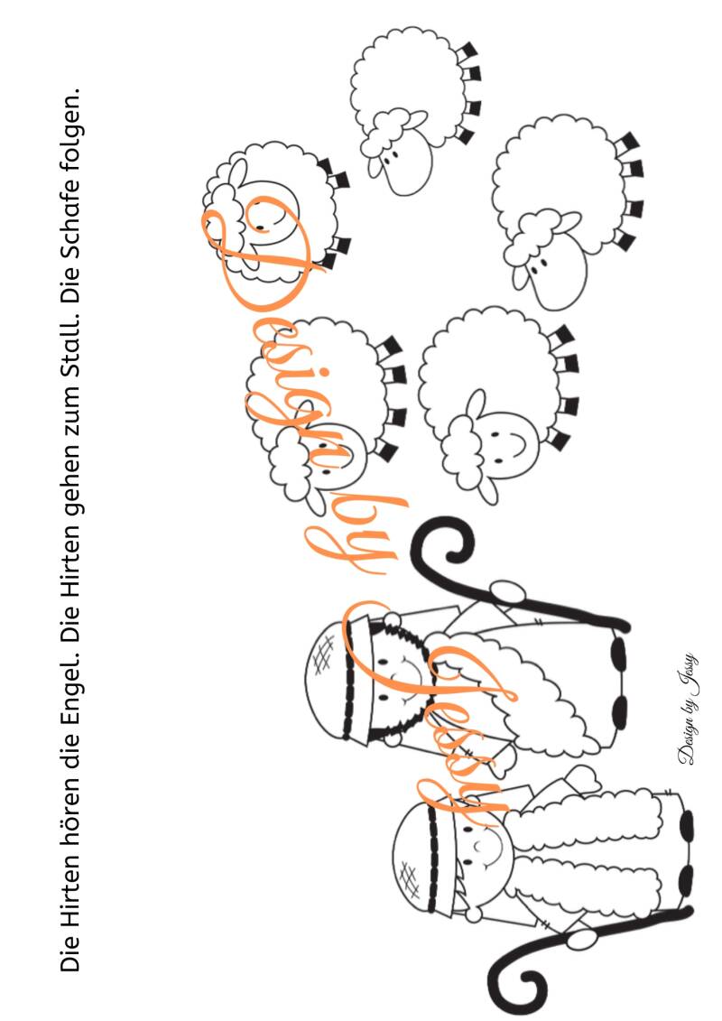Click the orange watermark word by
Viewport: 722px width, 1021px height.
click(x=358, y=534)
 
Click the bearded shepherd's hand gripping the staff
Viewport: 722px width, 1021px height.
click(x=508, y=592)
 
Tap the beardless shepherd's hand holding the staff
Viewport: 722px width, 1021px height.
click(x=580, y=938)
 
